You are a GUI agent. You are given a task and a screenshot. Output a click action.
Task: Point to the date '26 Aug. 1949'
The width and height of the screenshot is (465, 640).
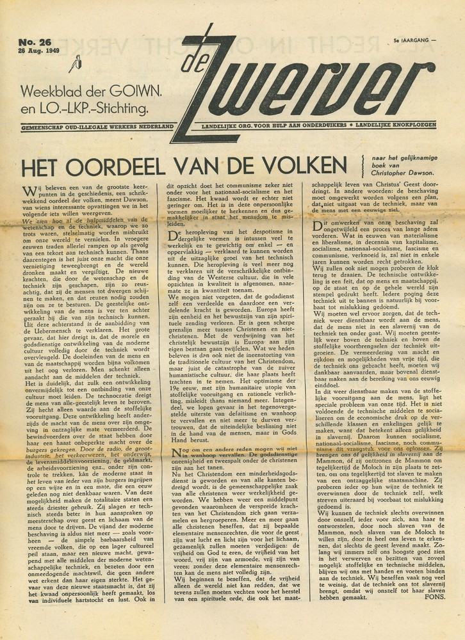click(40, 51)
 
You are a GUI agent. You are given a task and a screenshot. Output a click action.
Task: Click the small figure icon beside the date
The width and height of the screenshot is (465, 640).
click(77, 62)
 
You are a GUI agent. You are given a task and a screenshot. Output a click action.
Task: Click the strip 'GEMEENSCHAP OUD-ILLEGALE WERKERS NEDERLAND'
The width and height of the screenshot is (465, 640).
click(97, 127)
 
